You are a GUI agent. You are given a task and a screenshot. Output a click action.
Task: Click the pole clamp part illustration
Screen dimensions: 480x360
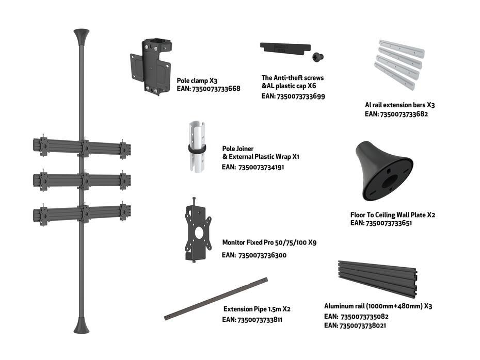tap(151, 67)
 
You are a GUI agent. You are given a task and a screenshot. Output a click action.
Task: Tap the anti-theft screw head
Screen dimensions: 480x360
tap(318, 57)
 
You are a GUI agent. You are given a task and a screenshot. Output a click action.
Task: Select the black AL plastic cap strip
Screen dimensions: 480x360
tap(285, 48)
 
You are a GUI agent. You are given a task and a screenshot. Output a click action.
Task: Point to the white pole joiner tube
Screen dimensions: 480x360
tap(197, 147)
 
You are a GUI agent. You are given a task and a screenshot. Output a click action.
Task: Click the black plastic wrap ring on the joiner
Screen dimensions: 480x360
tap(197, 149)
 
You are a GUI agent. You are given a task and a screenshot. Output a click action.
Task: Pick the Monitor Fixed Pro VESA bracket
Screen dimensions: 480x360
tap(198, 231)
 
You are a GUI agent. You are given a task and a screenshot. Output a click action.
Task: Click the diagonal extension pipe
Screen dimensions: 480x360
tap(216, 299)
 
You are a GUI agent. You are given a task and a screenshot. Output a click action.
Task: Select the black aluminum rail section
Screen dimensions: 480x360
tap(378, 279)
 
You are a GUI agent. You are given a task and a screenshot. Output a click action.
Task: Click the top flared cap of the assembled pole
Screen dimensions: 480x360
tap(82, 37)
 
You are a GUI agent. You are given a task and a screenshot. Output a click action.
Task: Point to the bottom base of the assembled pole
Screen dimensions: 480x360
tap(82, 325)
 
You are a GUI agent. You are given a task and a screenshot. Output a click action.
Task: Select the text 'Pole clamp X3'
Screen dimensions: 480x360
tap(197, 81)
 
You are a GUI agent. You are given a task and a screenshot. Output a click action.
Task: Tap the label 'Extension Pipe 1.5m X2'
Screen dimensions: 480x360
tap(257, 309)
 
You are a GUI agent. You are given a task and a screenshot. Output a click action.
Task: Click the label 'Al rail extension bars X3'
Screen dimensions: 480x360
tap(400, 105)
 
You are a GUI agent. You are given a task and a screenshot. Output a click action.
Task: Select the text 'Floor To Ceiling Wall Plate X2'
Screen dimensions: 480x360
tap(393, 215)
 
